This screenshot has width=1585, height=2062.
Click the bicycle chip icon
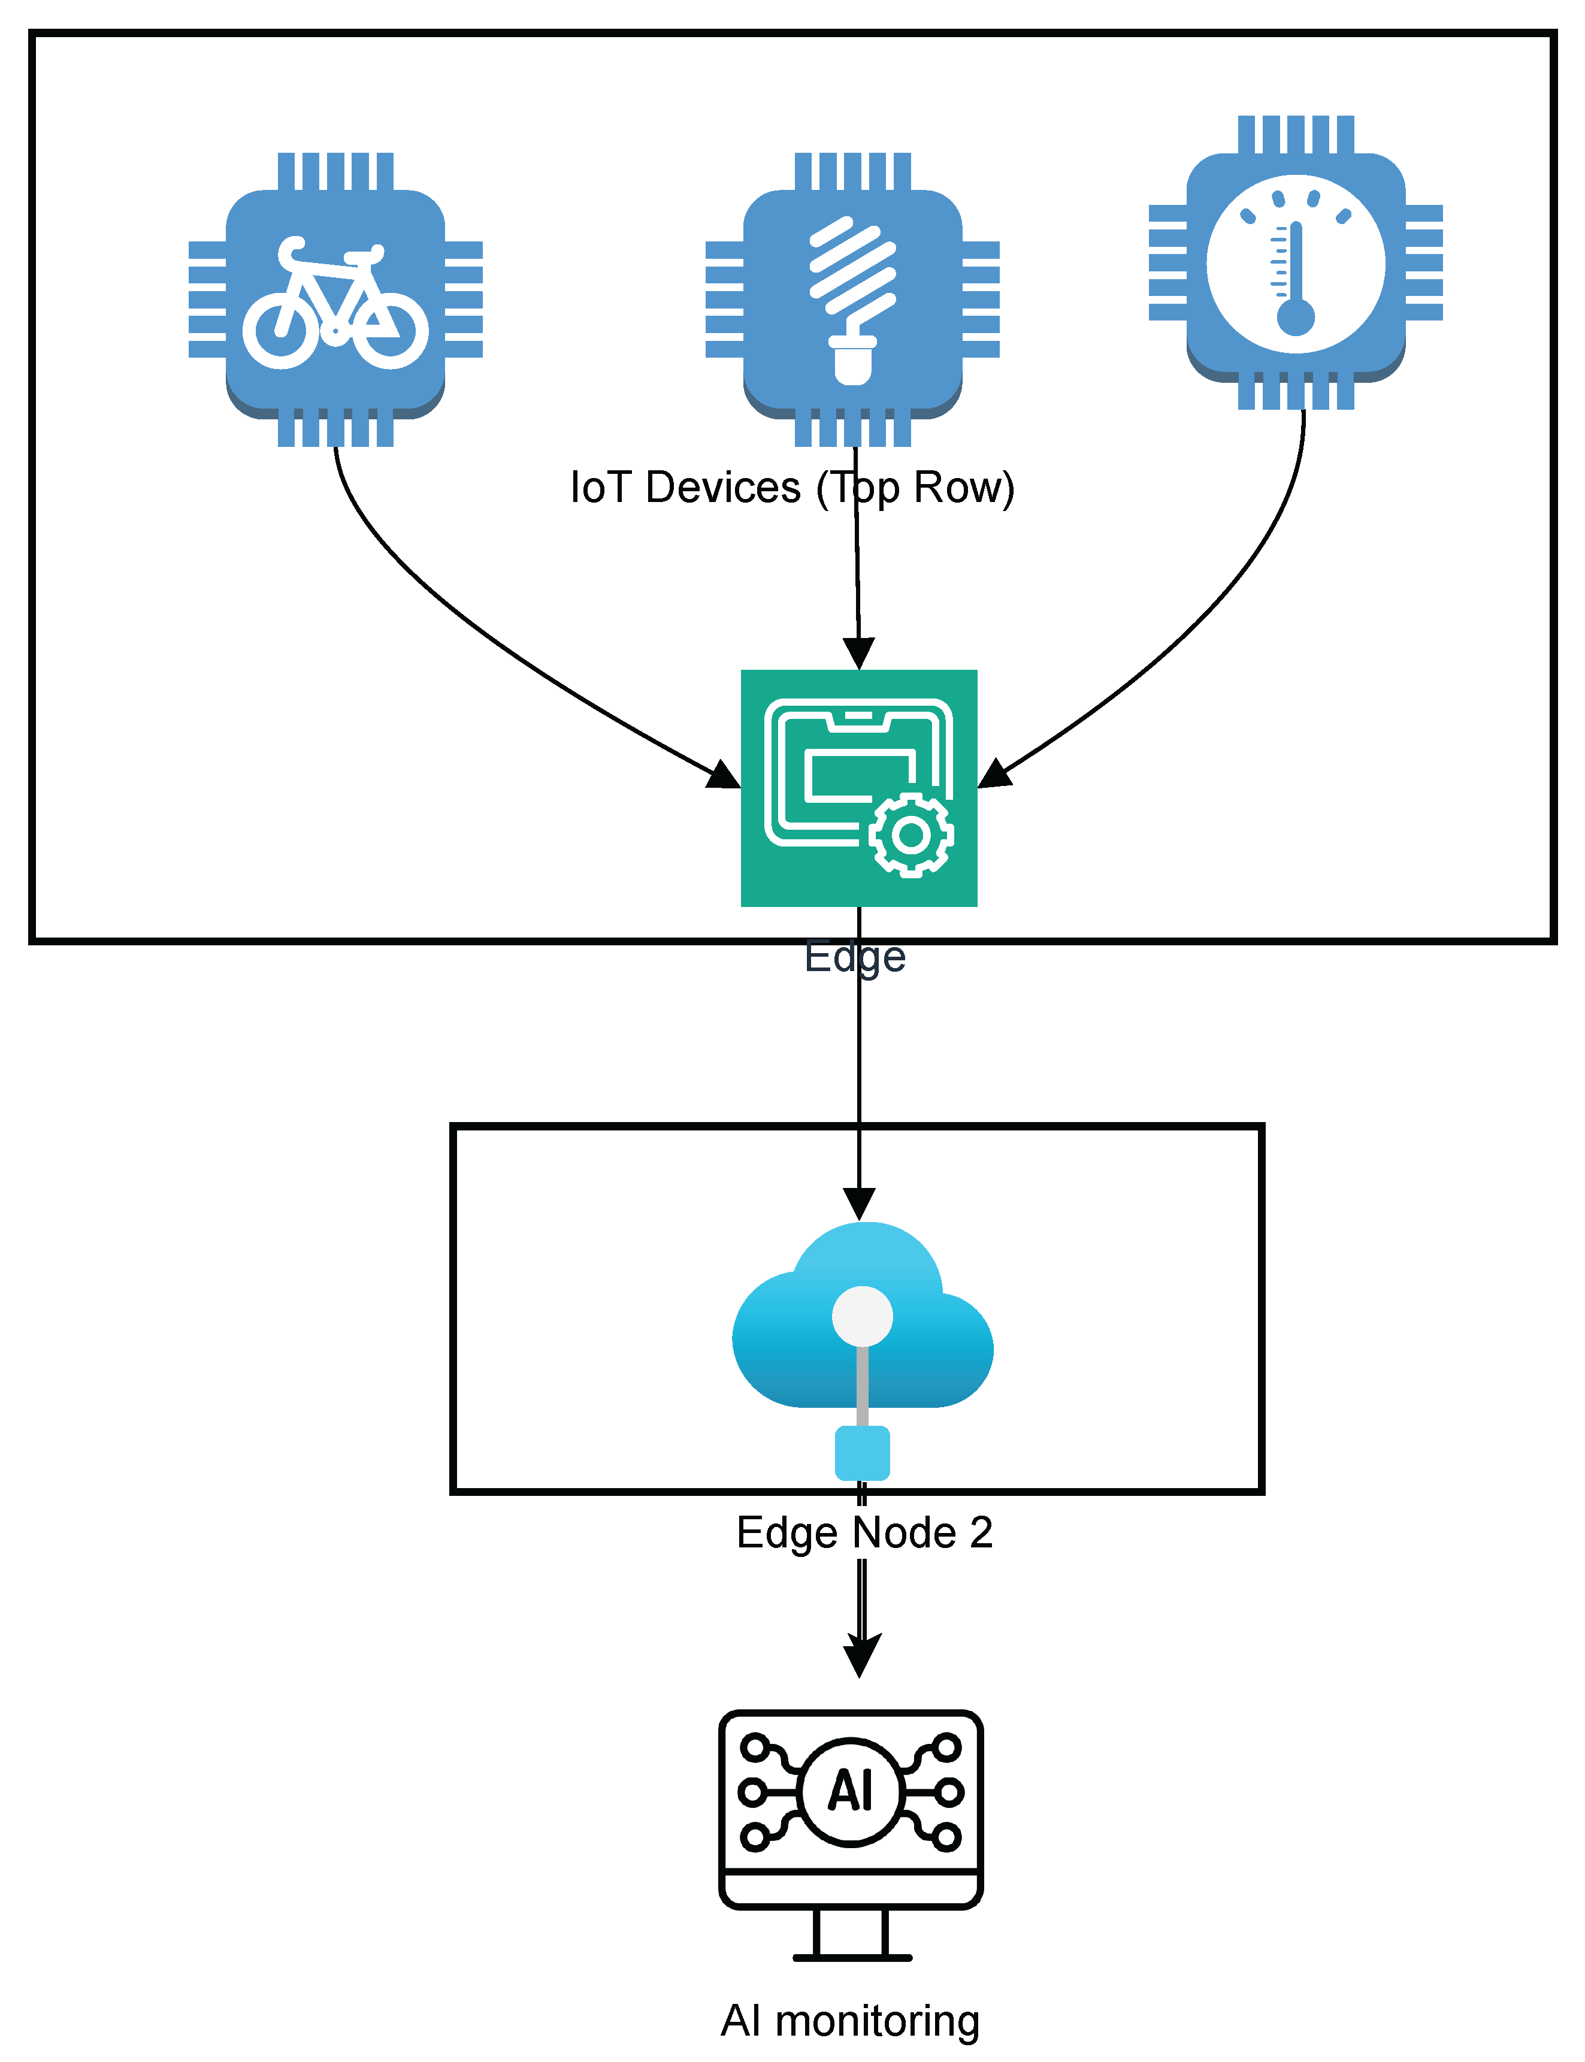(335, 300)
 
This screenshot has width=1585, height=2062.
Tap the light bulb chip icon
(852, 300)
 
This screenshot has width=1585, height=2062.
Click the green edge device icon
(858, 788)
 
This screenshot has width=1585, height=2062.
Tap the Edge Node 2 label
(864, 1533)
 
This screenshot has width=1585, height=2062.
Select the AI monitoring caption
(850, 2021)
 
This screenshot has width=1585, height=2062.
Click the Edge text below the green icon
(855, 957)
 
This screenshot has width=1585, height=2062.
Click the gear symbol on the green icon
(911, 835)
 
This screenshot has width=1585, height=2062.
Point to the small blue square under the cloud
(863, 1453)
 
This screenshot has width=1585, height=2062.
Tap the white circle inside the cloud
(863, 1316)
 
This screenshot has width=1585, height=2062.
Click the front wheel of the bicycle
(389, 330)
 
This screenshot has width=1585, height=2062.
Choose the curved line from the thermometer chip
(1217, 613)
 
